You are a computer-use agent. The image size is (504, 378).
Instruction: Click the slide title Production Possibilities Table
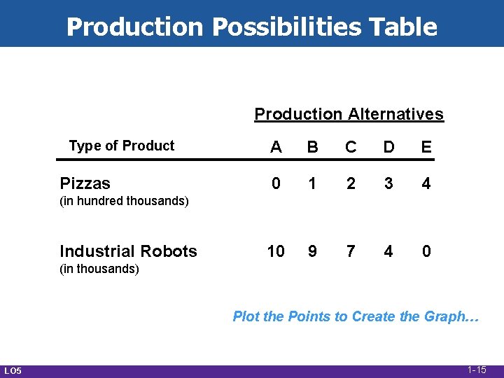(x=252, y=27)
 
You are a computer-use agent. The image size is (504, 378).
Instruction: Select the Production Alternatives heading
(x=349, y=114)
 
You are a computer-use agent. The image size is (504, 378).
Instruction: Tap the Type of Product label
(x=121, y=146)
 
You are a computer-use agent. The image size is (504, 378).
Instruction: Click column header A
(x=276, y=147)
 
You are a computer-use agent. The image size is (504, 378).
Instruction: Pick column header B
(x=313, y=147)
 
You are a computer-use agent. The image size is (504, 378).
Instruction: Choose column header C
(x=351, y=147)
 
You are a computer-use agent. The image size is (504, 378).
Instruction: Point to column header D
(x=388, y=147)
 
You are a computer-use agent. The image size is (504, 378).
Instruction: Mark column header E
(x=426, y=147)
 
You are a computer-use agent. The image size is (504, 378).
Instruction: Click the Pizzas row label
(x=85, y=183)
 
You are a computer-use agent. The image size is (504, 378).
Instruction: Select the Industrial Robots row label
(x=128, y=251)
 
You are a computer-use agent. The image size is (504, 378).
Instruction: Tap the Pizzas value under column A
(x=276, y=183)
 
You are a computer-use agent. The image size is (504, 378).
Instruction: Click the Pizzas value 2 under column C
(x=351, y=183)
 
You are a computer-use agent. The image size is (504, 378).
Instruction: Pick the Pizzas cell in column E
(x=426, y=183)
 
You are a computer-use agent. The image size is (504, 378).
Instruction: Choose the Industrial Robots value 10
(x=276, y=251)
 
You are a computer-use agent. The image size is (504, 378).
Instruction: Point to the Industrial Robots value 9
(x=313, y=251)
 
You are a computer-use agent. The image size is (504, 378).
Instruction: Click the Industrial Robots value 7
(x=351, y=251)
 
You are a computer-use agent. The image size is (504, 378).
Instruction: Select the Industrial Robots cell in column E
(x=426, y=251)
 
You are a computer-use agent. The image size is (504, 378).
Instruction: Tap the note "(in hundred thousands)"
(x=125, y=202)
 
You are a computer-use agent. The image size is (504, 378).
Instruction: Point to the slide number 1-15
(x=477, y=370)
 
